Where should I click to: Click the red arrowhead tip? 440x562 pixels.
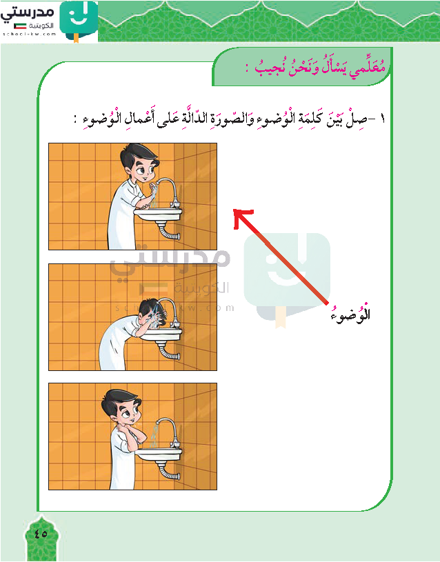coord(234,210)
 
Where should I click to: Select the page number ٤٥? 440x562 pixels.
coord(41,534)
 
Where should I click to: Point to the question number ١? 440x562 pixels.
coord(382,119)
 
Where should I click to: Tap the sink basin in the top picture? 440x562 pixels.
coord(159,214)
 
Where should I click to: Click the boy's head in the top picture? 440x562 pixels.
coord(139,163)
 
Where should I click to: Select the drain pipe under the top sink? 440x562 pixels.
coord(168,230)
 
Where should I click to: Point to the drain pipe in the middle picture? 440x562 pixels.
coord(168,350)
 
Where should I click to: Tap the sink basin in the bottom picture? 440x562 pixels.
coord(159,455)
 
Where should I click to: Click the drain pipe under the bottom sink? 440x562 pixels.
coord(168,470)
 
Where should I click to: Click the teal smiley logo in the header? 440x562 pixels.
coord(79,19)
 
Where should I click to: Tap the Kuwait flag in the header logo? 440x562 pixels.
coord(20,26)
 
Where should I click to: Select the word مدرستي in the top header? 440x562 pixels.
coord(28,12)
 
